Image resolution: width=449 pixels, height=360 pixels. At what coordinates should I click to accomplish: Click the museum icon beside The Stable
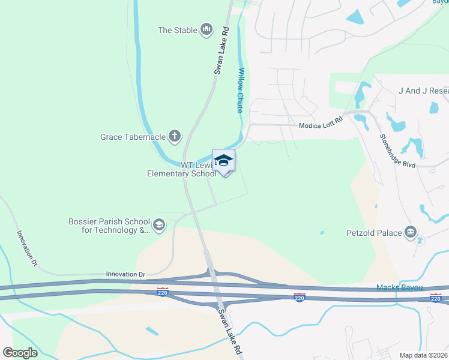[206, 29]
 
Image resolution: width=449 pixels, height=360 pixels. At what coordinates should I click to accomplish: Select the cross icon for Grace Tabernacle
[175, 136]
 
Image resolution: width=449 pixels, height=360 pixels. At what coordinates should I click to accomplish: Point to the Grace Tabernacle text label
[132, 137]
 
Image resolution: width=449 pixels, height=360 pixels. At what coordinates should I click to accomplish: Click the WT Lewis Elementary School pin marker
[223, 161]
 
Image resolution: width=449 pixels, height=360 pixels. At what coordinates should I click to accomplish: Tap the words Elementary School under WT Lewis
[182, 174]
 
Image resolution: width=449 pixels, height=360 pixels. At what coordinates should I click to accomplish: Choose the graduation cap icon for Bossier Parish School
[159, 225]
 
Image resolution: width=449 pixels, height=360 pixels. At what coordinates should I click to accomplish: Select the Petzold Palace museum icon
[411, 232]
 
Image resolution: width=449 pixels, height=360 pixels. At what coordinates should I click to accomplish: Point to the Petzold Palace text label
[373, 232]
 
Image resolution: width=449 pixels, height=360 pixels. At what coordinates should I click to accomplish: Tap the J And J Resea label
[423, 91]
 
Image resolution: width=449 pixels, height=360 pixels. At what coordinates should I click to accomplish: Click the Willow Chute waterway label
[240, 90]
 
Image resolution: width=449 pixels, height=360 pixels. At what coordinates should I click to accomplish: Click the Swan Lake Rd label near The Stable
[222, 50]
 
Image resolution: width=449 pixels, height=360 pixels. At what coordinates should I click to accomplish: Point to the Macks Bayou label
[396, 288]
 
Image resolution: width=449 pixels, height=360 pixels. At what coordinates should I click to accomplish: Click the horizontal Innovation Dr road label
[126, 274]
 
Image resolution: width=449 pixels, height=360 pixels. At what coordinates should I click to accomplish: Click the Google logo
[20, 352]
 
